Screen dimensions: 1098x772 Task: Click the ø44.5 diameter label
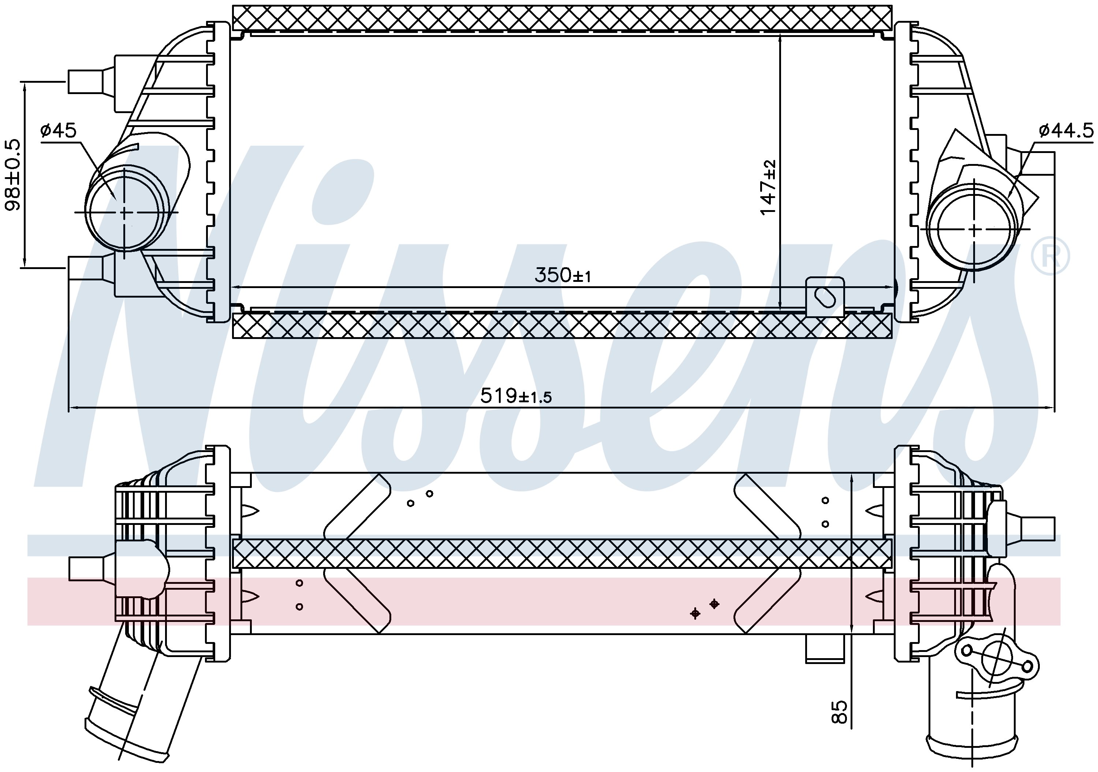1066,130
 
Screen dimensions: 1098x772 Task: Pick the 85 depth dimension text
839,711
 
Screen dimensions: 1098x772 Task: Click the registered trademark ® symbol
1050,256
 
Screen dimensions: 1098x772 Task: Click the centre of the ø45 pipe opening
125,212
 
